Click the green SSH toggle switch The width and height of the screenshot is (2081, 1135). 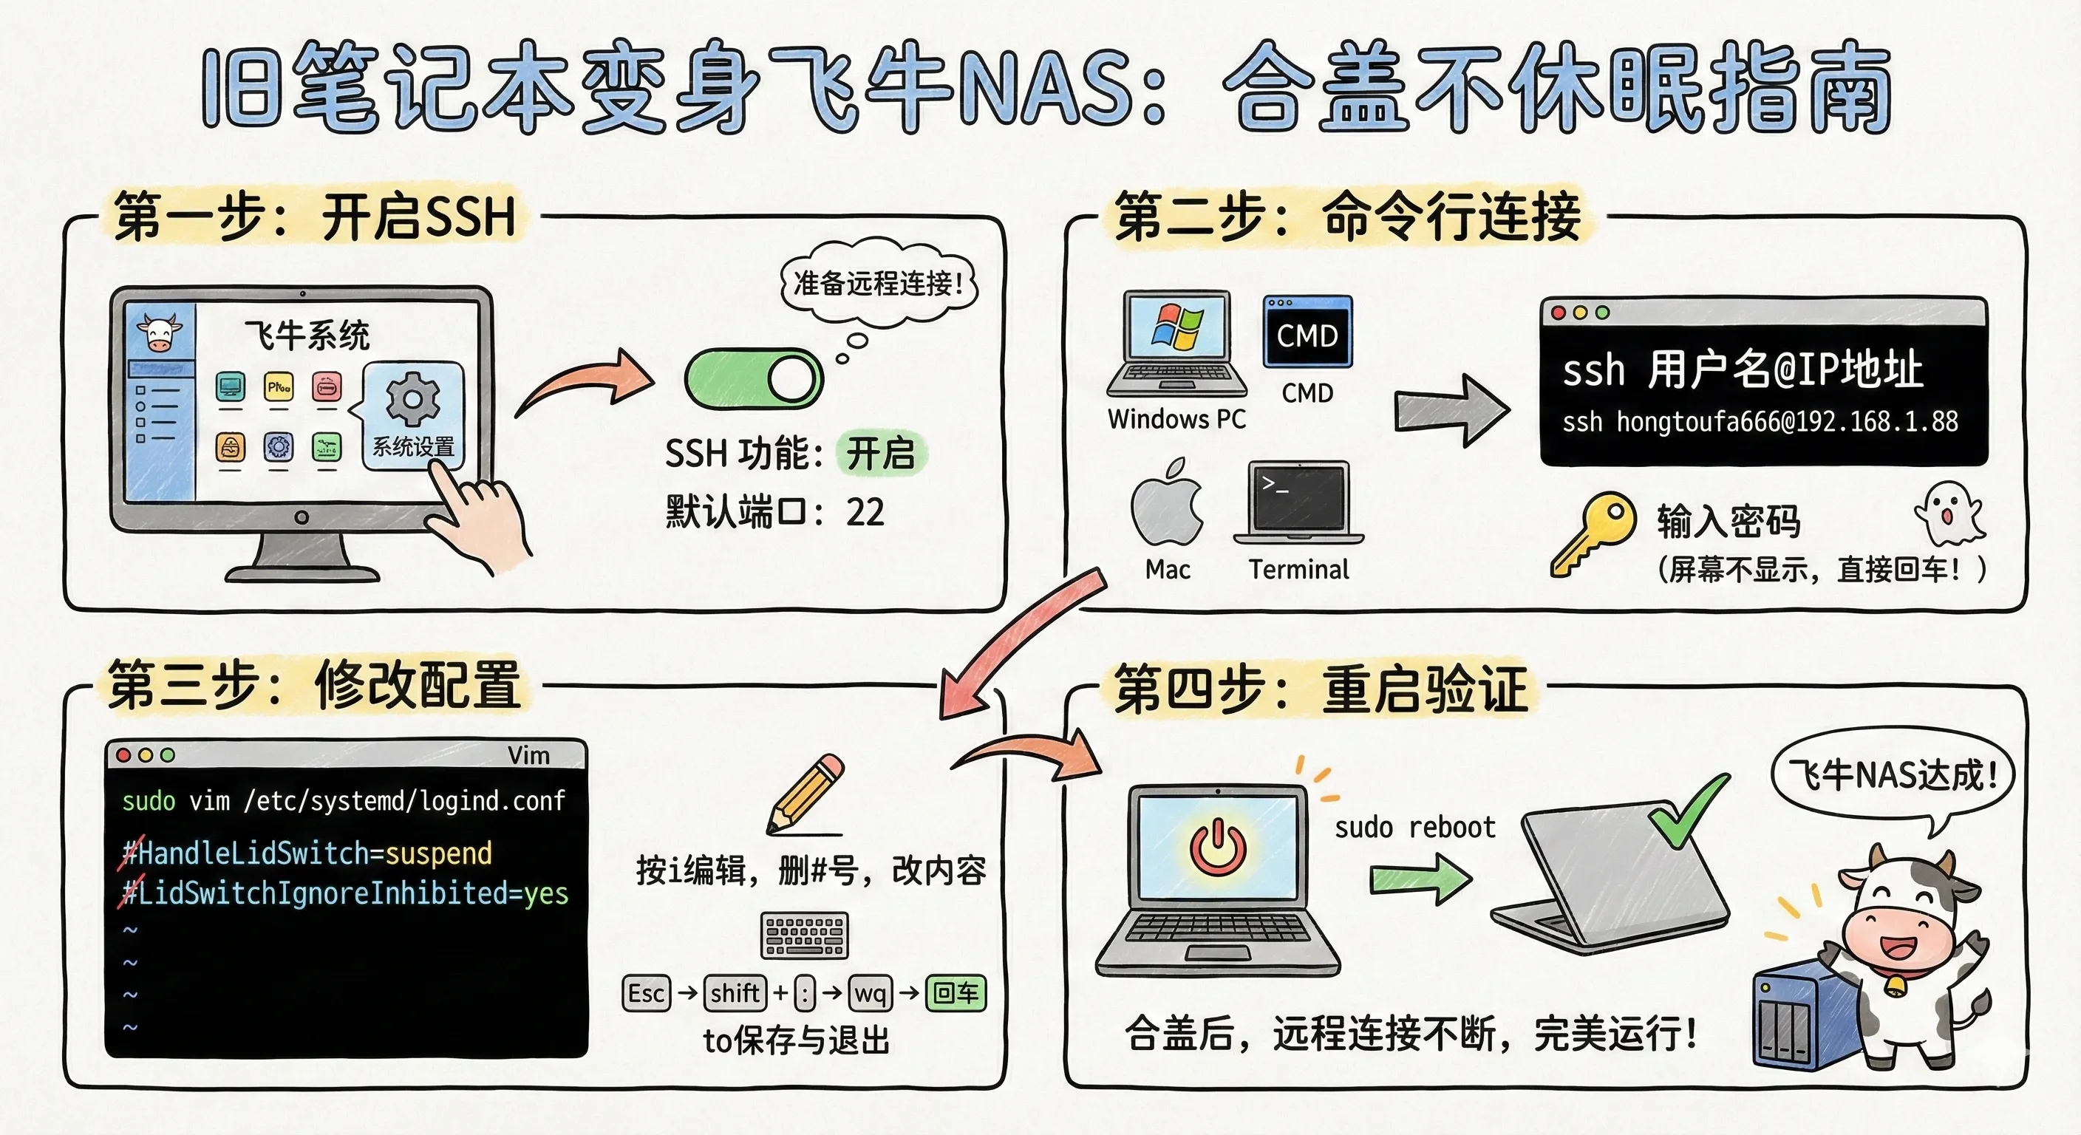click(753, 378)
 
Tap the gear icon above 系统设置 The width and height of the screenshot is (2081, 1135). click(413, 399)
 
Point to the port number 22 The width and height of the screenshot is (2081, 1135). click(865, 512)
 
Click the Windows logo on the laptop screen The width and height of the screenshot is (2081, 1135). click(1177, 327)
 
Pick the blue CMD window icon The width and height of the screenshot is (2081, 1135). click(1307, 331)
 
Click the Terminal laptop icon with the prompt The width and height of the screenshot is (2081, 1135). click(1298, 502)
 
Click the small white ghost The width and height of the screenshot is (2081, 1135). click(1949, 513)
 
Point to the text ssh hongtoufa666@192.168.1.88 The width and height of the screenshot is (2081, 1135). click(1760, 422)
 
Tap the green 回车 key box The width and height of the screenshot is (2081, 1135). click(956, 993)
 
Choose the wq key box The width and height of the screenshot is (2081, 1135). click(870, 993)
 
